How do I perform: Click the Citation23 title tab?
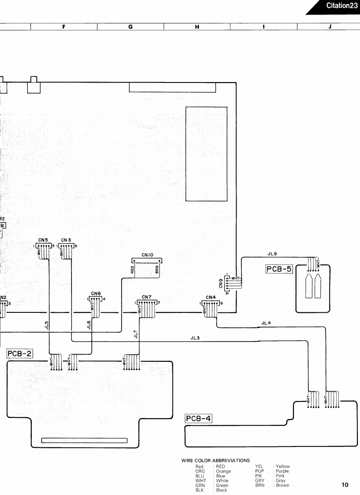click(x=341, y=6)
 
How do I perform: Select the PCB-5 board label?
click(x=279, y=269)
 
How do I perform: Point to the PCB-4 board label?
click(x=199, y=418)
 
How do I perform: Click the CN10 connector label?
click(x=147, y=255)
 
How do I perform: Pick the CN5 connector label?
click(x=43, y=240)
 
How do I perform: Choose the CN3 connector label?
click(x=67, y=240)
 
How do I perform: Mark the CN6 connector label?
click(x=96, y=293)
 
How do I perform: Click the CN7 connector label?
click(x=147, y=297)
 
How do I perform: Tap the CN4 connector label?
click(x=210, y=297)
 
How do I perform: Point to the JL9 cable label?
click(x=272, y=254)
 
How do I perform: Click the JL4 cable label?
click(x=266, y=323)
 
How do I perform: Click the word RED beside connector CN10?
click(x=132, y=269)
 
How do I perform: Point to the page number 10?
click(x=345, y=485)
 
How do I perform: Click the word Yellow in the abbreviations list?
click(x=283, y=466)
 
